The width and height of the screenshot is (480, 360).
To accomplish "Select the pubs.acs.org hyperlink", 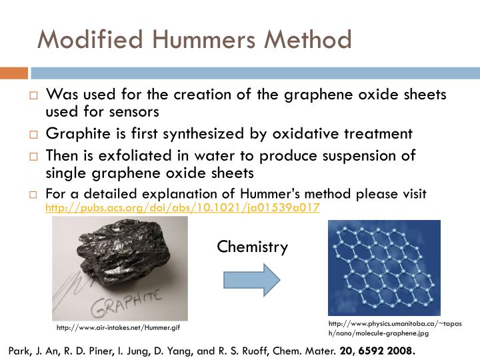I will [x=182, y=207].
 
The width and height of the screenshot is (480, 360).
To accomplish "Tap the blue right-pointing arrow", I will [x=252, y=279].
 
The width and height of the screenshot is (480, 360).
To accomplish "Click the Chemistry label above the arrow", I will [x=252, y=247].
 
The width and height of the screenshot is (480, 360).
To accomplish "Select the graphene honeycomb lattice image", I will [x=384, y=267].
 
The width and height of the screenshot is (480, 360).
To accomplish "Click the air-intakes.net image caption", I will [x=118, y=327].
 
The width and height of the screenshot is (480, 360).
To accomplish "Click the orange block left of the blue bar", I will [x=13, y=73].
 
